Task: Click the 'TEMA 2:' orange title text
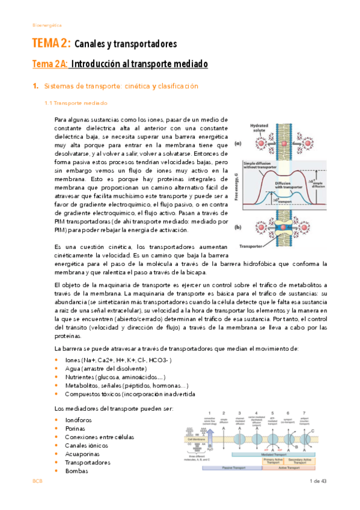[x=51, y=44]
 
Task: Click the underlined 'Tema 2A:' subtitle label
[x=51, y=64]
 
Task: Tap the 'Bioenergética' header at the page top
[x=47, y=25]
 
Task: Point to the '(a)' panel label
[x=237, y=144]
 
